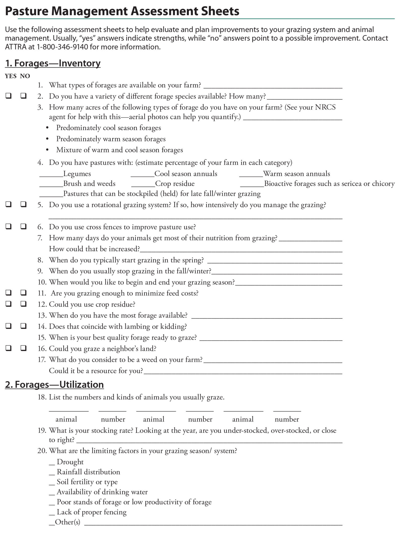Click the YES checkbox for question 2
pos(9,96)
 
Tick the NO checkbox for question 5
pos(24,204)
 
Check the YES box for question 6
pos(9,226)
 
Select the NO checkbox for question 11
pos(24,293)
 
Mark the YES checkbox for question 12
pos(9,304)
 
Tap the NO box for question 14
pos(24,326)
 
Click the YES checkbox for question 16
pos(9,348)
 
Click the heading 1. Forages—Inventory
pos(53,63)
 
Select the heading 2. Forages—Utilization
pos(54,385)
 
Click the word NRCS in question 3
pos(325,107)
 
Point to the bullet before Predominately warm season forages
pos(47,139)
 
